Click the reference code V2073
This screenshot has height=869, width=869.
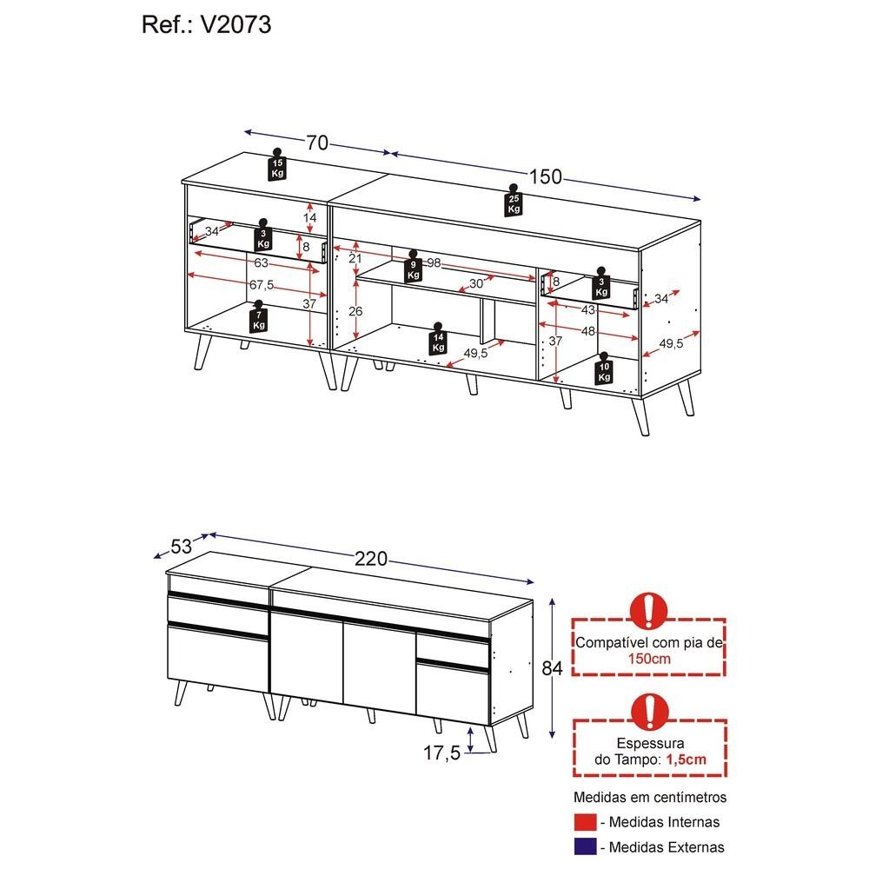(x=235, y=25)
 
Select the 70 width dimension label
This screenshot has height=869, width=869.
(x=316, y=143)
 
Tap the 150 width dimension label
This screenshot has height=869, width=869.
(x=545, y=177)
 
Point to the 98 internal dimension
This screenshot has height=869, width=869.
(x=434, y=263)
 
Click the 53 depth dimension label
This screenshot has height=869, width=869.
(x=182, y=547)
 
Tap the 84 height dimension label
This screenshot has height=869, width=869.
(x=553, y=668)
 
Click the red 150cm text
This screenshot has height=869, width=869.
(x=649, y=659)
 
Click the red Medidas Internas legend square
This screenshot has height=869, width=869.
(x=586, y=822)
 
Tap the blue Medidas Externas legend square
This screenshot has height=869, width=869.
(x=586, y=847)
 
